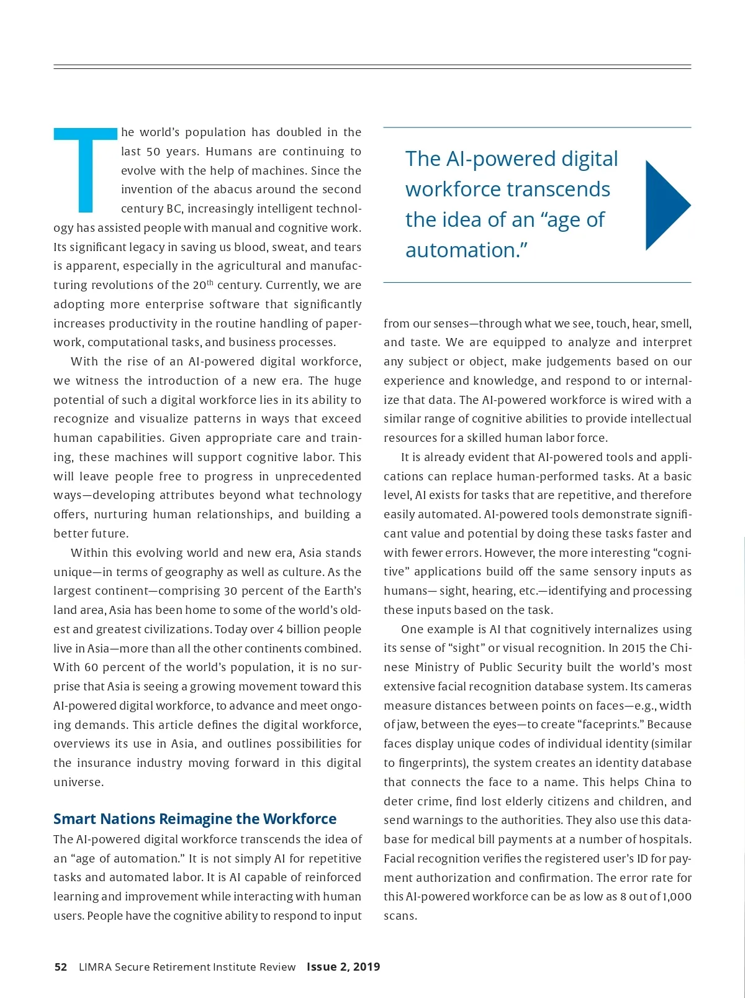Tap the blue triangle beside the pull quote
pyautogui.click(x=666, y=205)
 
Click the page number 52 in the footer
pyautogui.click(x=61, y=967)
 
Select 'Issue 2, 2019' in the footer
pyautogui.click(x=343, y=967)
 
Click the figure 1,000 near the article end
pyautogui.click(x=677, y=897)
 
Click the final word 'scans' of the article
pyautogui.click(x=399, y=916)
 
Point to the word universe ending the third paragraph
pyautogui.click(x=78, y=782)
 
